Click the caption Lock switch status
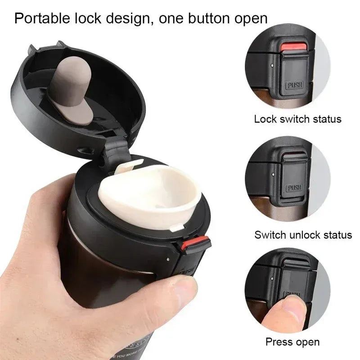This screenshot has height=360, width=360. (x=297, y=119)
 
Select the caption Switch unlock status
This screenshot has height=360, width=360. (x=303, y=234)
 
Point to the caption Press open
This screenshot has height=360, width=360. (x=292, y=342)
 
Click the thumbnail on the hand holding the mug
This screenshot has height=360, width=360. (x=184, y=285)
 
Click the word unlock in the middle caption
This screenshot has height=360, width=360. (x=309, y=234)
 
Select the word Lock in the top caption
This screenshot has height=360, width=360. (x=264, y=119)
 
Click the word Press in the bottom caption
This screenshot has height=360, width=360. (x=279, y=342)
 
